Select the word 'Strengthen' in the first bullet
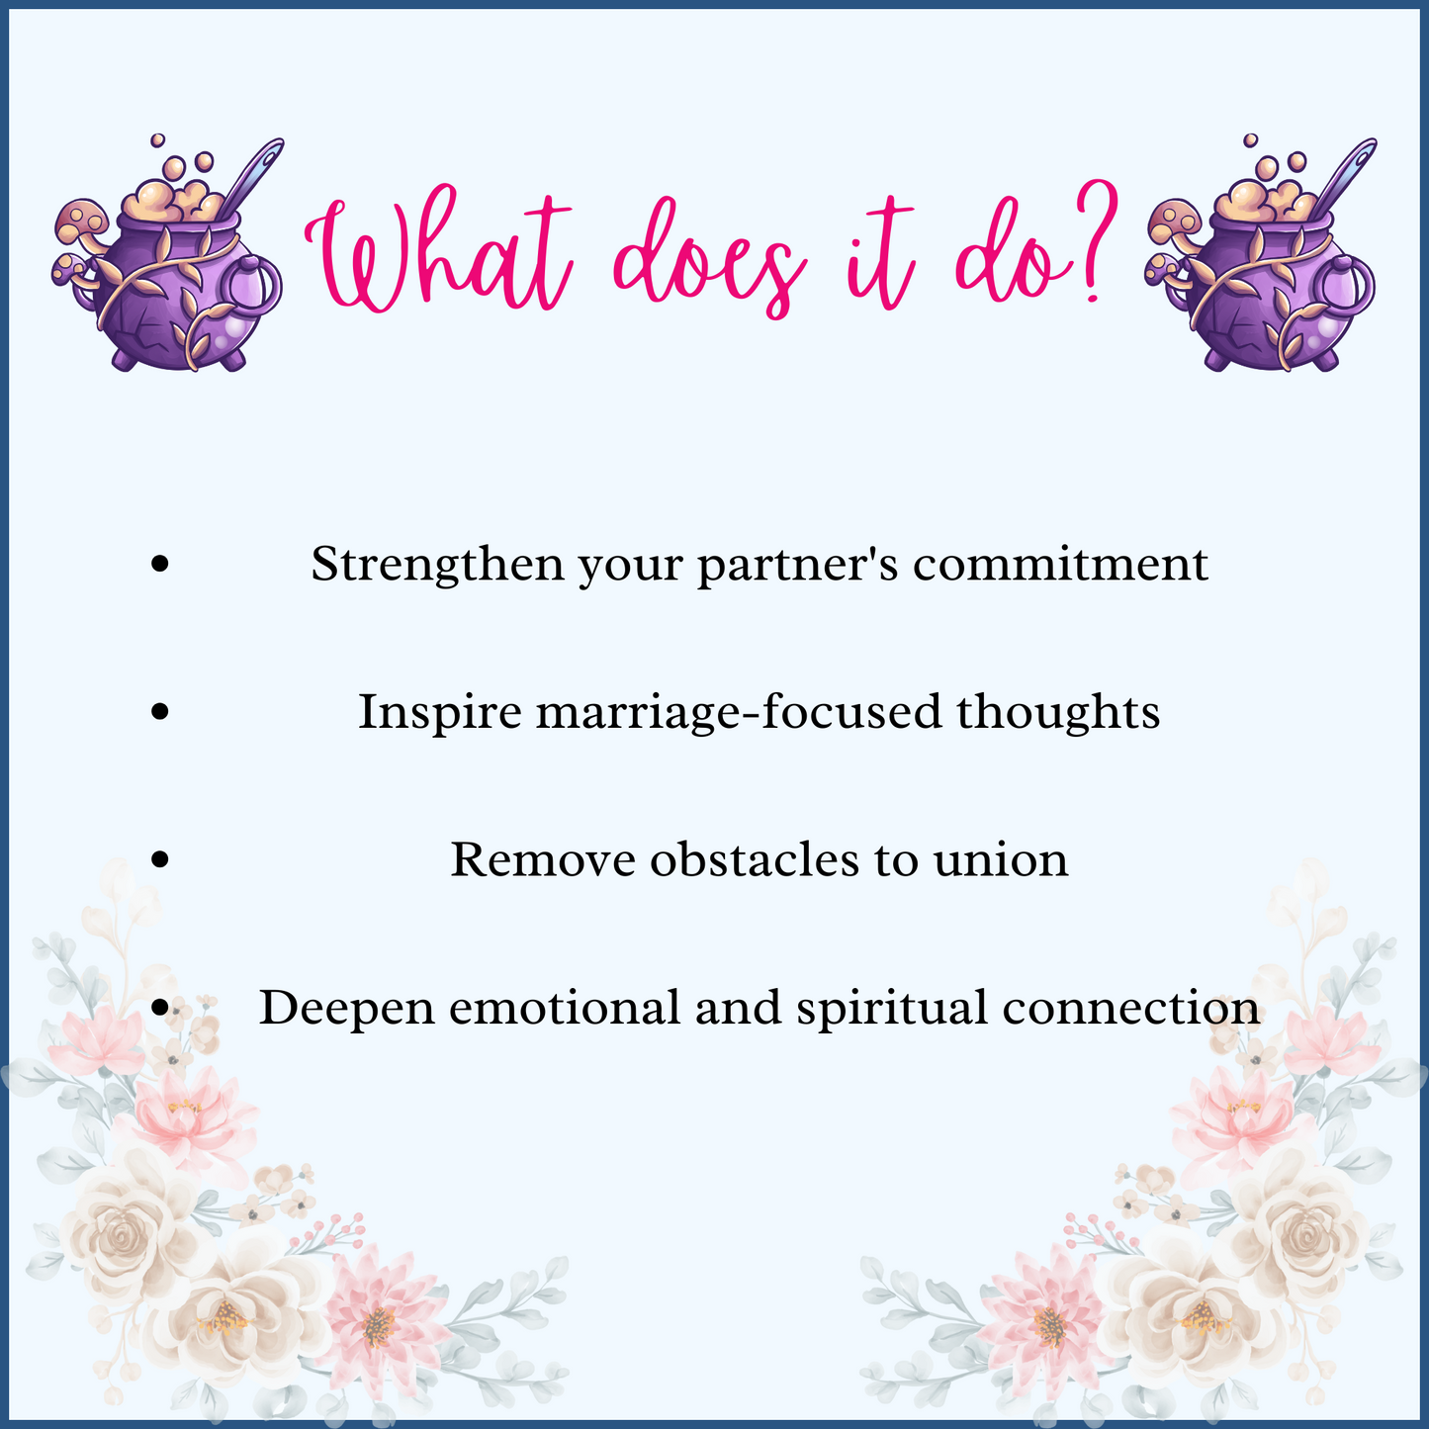436,565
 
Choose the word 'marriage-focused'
738,712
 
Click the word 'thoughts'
1058,712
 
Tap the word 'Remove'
543,859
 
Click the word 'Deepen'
346,1008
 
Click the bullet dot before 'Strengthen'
160,565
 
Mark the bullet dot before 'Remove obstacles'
160,859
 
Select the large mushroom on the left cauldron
81,220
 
